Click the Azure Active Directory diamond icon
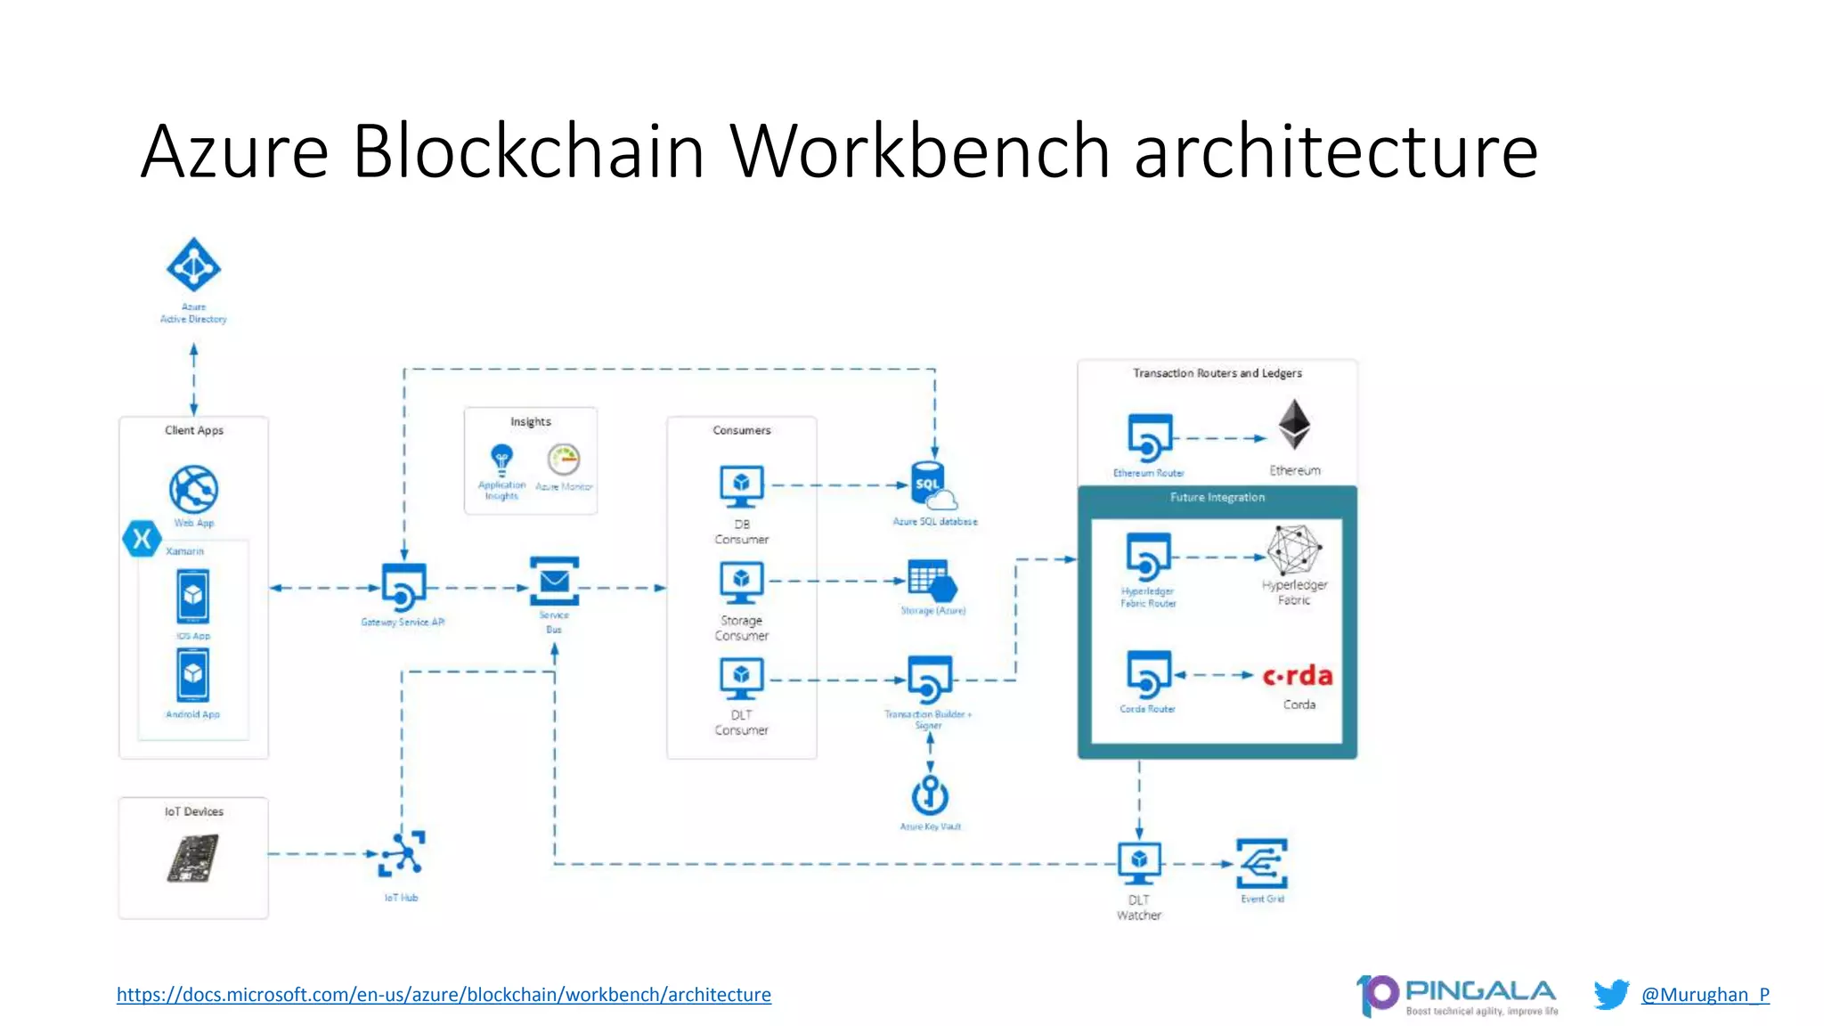tap(193, 265)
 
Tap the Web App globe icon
tap(193, 489)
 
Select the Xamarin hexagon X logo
tap(142, 538)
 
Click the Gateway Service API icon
tap(403, 587)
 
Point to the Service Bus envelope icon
tap(554, 581)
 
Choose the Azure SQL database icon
tap(932, 486)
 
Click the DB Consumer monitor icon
tap(741, 486)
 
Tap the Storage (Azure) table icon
tap(931, 581)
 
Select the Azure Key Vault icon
tap(930, 794)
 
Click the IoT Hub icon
tap(402, 854)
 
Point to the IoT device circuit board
tap(193, 858)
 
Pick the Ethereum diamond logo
tap(1294, 424)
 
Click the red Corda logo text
tap(1298, 676)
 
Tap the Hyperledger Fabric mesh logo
tap(1293, 550)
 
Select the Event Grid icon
tap(1262, 863)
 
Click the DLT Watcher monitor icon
tap(1139, 862)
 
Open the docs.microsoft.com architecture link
tap(444, 994)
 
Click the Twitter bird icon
tap(1611, 994)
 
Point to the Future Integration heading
tap(1217, 497)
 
